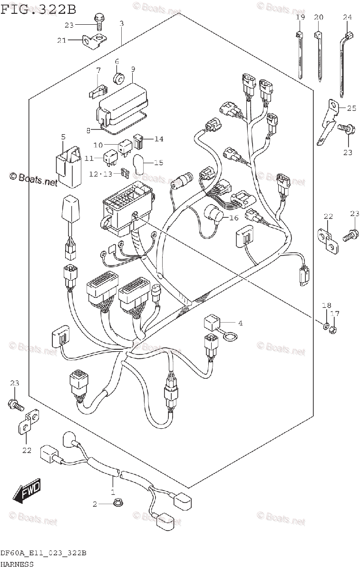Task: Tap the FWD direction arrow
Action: click(28, 490)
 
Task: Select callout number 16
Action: click(233, 218)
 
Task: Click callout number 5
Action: click(63, 138)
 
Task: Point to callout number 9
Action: click(133, 69)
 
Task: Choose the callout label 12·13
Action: click(101, 174)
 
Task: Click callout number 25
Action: click(351, 108)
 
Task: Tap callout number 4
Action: click(240, 323)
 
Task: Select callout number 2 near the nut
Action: click(95, 504)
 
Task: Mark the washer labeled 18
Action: click(325, 326)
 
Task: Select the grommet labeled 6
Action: click(117, 77)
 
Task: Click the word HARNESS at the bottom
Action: click(17, 564)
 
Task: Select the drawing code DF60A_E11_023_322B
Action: click(43, 553)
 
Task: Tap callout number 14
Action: click(158, 138)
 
